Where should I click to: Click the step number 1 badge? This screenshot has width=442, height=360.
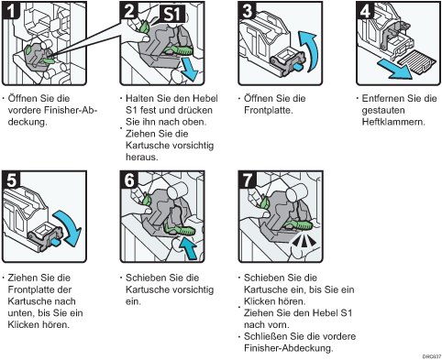pos(11,10)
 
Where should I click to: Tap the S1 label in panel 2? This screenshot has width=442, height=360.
pos(173,15)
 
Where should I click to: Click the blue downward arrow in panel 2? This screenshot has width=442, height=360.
pos(188,71)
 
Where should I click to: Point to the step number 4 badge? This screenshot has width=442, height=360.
pos(365,11)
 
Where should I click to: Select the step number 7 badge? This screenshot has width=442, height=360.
pos(248,180)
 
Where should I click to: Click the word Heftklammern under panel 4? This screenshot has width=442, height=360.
pos(393,122)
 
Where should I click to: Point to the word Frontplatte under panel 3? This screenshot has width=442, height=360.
pos(269,110)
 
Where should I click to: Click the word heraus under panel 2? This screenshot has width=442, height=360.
pos(142,157)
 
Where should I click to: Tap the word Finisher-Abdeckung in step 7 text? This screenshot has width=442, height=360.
pos(288,348)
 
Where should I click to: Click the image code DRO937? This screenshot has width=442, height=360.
pos(432,356)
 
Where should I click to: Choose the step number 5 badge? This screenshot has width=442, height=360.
pos(11,180)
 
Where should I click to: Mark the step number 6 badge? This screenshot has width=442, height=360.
pos(129,180)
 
